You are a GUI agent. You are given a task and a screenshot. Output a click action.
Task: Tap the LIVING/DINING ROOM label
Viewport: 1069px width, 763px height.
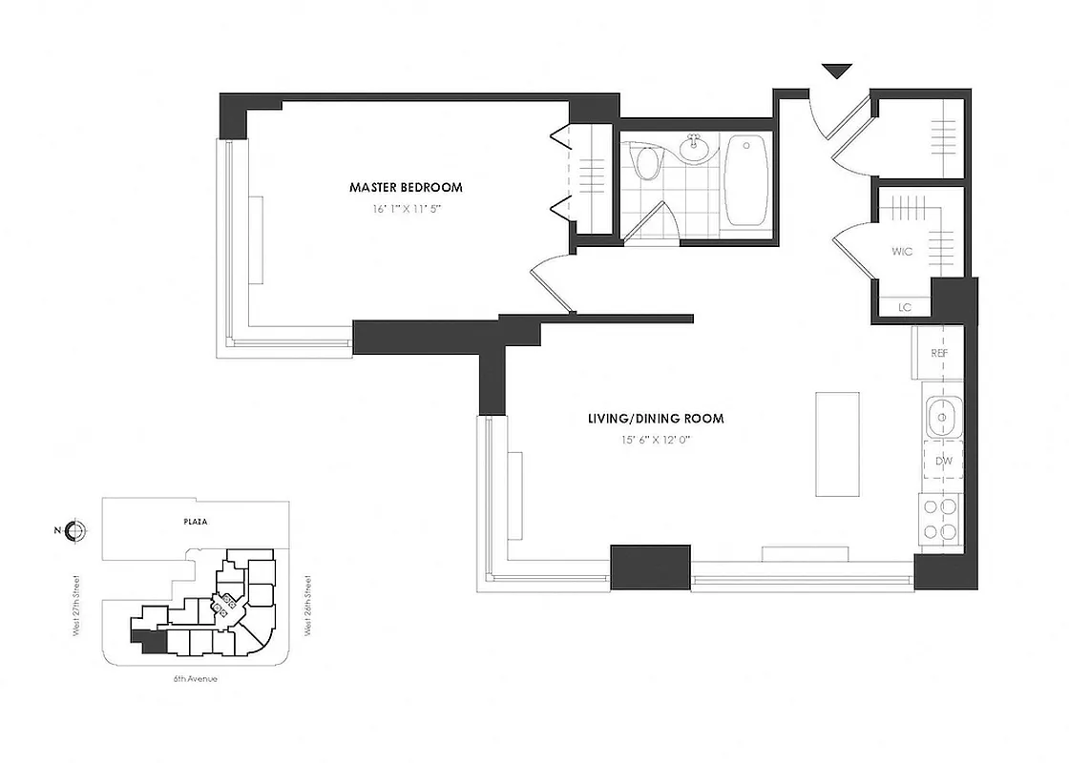(x=655, y=418)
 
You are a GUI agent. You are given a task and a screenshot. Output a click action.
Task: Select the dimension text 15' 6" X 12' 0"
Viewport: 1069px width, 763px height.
(x=655, y=440)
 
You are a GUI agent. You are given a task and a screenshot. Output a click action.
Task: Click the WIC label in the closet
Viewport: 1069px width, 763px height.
(x=902, y=252)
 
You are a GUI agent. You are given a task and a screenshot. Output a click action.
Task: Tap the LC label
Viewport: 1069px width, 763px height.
(x=903, y=307)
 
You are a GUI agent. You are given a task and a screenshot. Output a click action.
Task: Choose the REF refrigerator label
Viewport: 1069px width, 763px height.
(x=938, y=353)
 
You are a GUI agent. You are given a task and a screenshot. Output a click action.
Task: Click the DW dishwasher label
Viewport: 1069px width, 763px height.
(x=944, y=461)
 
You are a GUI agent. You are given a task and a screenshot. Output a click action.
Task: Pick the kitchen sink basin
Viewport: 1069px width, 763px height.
(x=942, y=416)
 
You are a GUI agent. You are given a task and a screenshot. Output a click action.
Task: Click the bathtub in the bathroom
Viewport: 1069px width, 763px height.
(x=746, y=179)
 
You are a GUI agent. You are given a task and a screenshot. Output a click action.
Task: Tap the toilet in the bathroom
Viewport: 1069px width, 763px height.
(x=648, y=164)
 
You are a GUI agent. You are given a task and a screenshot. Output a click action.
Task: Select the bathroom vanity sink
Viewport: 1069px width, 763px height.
(x=694, y=148)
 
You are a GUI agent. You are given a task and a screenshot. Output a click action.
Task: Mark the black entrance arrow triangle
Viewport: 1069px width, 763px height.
(x=837, y=71)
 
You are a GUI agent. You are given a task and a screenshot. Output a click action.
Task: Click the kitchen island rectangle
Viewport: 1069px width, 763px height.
(x=832, y=443)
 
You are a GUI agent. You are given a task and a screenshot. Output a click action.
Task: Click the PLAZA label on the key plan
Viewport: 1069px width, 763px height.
(x=198, y=522)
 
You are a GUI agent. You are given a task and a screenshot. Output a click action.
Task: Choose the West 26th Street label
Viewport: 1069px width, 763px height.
(x=308, y=605)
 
